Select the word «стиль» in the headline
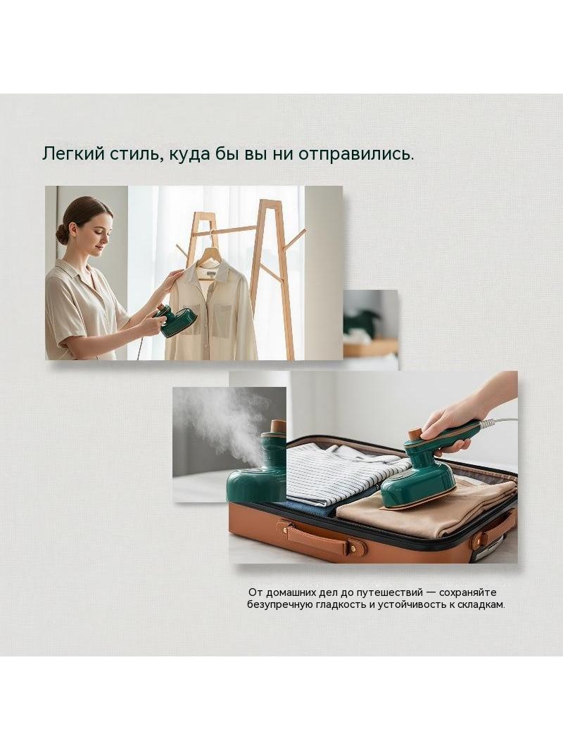coord(132,154)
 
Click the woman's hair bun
coord(62,234)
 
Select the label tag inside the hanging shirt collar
coord(210,274)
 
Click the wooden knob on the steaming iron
coord(278,426)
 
